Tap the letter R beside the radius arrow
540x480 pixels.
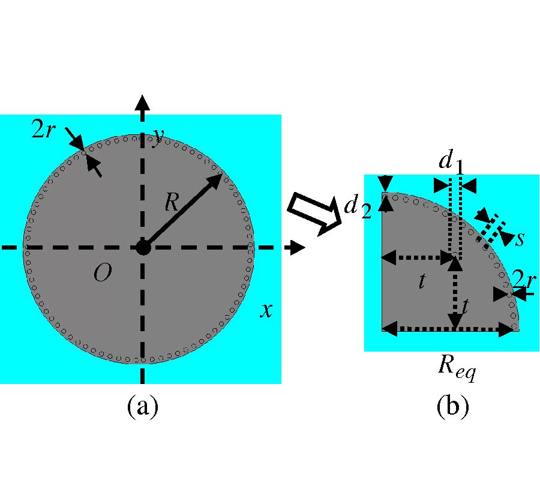tap(172, 203)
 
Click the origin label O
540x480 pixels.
tap(102, 274)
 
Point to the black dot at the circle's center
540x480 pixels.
tap(142, 247)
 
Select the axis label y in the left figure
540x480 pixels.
tap(158, 139)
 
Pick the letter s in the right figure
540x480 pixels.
tap(519, 238)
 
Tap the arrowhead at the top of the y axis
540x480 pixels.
tap(142, 102)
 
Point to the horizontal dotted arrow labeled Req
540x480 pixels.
tap(450, 328)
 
